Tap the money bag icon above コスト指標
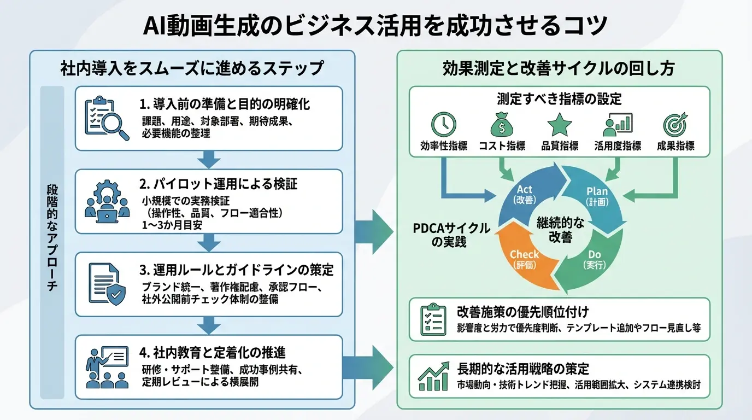502,125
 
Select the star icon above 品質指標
560,125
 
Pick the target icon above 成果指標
675,125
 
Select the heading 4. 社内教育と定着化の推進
213,352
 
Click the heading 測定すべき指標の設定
559,99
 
